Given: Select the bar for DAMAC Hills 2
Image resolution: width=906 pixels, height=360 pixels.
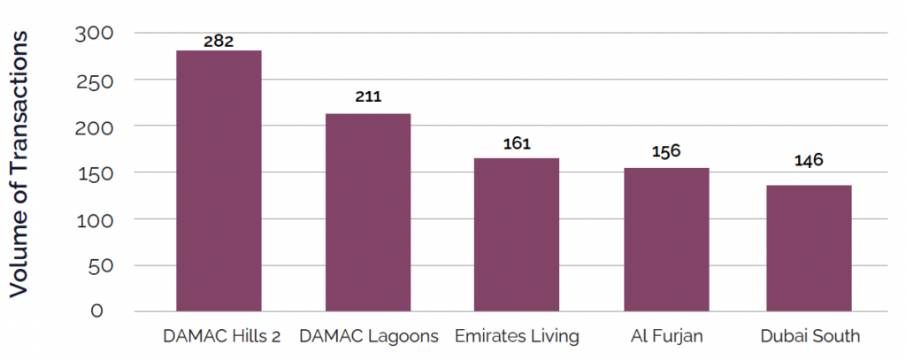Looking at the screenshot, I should click(x=219, y=180).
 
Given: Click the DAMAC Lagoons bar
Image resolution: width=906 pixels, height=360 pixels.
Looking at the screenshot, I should click(x=368, y=212).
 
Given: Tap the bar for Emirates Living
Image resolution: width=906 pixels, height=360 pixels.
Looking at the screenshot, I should click(x=516, y=234).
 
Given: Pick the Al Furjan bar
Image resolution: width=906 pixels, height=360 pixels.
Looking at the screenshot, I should click(x=665, y=239).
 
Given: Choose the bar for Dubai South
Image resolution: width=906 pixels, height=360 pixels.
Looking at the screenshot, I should click(x=809, y=248).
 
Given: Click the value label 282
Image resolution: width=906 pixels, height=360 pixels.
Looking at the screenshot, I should click(x=218, y=41).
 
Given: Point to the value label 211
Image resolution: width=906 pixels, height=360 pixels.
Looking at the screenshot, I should click(x=367, y=96).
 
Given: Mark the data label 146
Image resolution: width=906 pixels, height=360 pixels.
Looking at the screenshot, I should click(x=809, y=160).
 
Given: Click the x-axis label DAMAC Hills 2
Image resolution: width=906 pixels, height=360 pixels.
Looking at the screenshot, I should click(x=219, y=337).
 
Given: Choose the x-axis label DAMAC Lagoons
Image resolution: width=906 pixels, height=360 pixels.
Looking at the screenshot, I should click(x=368, y=337).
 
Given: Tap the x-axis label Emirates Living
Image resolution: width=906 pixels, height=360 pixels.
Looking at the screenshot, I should click(x=516, y=337).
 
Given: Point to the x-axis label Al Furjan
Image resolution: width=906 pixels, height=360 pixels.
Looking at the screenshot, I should click(x=665, y=337).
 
